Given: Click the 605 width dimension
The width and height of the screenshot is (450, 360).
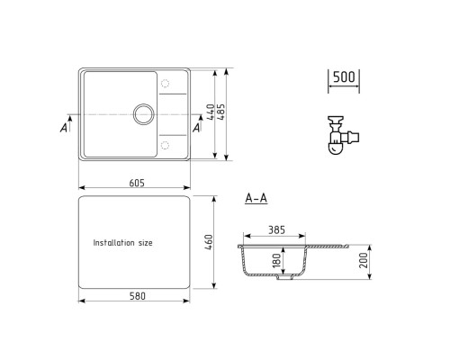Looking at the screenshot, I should [136, 183].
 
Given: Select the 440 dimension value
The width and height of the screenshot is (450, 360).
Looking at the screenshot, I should [209, 112].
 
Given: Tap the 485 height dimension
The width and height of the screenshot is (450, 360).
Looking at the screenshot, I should [220, 112].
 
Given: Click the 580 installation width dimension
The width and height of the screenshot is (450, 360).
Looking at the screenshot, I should [136, 296].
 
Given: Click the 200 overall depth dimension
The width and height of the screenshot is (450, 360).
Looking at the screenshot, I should [364, 261].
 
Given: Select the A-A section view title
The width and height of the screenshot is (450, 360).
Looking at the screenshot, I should [255, 199].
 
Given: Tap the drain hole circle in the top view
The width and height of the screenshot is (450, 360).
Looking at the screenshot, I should [142, 113].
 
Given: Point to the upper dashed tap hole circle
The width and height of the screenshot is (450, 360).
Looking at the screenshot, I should [164, 85].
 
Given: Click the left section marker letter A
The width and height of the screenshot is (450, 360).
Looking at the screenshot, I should [63, 128].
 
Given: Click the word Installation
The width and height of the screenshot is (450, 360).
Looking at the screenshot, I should [115, 243].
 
